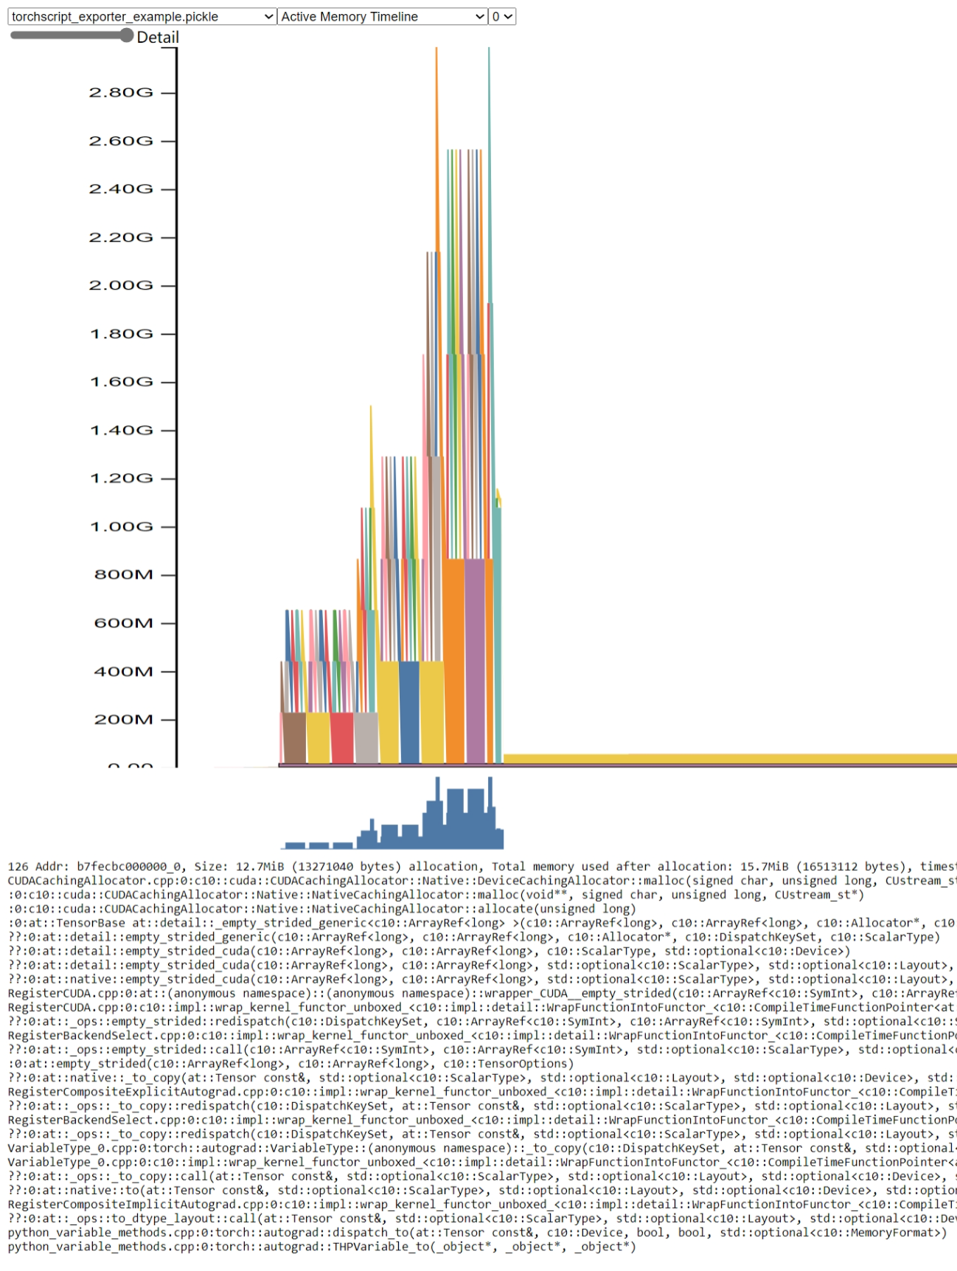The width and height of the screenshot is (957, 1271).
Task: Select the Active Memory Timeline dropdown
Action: (x=383, y=16)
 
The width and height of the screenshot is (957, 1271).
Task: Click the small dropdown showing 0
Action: (x=502, y=16)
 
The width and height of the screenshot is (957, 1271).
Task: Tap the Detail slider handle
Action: (x=127, y=35)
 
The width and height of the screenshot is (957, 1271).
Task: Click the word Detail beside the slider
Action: (x=158, y=38)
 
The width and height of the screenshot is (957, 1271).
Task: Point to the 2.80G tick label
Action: (x=121, y=93)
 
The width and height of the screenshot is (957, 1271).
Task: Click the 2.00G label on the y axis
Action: (x=121, y=285)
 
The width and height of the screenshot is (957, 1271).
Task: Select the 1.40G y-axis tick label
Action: (x=121, y=430)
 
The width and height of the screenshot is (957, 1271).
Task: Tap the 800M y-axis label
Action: (x=123, y=574)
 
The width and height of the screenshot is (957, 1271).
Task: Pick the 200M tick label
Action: (x=123, y=720)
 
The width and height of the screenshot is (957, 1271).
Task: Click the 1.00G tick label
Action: (x=121, y=526)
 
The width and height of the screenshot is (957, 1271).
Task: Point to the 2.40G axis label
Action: (x=121, y=189)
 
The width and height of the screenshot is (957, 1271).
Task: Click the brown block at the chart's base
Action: (x=294, y=737)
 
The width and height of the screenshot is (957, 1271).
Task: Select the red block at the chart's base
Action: (x=342, y=737)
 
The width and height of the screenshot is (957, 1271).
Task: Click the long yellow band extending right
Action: (x=730, y=759)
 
